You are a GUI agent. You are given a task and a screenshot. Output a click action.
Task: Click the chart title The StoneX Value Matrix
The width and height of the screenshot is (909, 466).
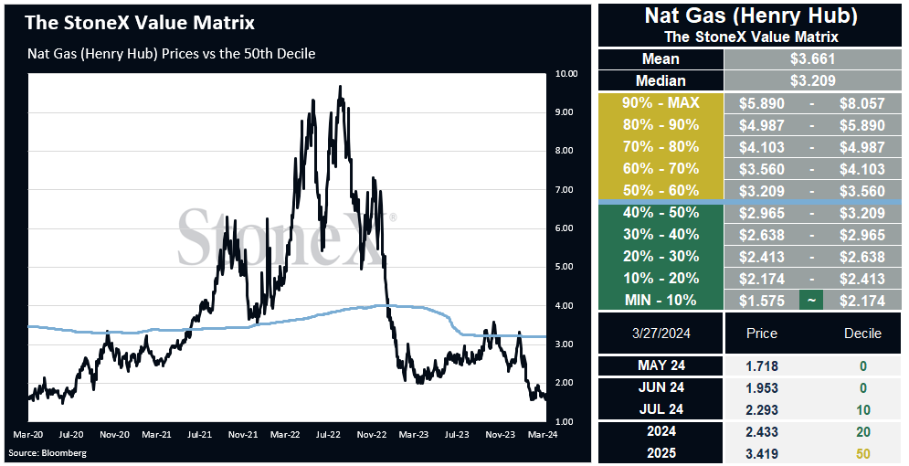click(x=140, y=23)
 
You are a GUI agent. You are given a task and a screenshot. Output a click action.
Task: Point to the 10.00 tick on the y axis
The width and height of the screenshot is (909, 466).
click(x=565, y=74)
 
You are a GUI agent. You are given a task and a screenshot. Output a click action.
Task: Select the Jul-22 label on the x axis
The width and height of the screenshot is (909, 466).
click(x=328, y=434)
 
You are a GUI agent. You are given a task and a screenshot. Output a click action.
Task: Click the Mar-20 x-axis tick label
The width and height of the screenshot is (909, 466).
click(x=26, y=434)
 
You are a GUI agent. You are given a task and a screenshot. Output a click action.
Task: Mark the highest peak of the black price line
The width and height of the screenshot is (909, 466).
click(x=340, y=87)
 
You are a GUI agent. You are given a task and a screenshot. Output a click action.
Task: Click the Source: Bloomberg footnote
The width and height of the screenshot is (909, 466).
click(x=48, y=452)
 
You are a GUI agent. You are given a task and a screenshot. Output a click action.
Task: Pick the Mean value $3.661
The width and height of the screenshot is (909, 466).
click(x=812, y=58)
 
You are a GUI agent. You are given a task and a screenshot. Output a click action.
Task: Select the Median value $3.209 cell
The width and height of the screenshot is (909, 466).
click(x=812, y=80)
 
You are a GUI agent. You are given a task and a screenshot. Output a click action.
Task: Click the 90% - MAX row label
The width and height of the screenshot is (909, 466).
click(x=661, y=103)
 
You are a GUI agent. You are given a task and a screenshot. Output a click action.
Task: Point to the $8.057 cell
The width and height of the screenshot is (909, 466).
click(x=862, y=104)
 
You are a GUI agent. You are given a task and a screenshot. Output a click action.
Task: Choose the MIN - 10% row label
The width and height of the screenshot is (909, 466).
click(x=661, y=301)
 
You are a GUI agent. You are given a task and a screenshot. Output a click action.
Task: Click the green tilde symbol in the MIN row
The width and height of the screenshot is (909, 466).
click(x=811, y=301)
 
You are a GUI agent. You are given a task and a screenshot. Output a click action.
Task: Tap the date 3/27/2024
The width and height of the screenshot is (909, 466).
click(x=661, y=334)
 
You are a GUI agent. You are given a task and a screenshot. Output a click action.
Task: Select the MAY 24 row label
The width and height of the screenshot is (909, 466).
click(x=661, y=365)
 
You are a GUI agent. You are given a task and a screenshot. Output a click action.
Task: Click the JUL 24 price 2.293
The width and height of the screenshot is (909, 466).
click(x=761, y=409)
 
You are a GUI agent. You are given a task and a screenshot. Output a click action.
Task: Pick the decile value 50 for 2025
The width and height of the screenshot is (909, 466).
click(x=863, y=454)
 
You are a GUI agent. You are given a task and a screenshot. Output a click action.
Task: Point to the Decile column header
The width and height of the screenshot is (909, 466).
click(x=862, y=334)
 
